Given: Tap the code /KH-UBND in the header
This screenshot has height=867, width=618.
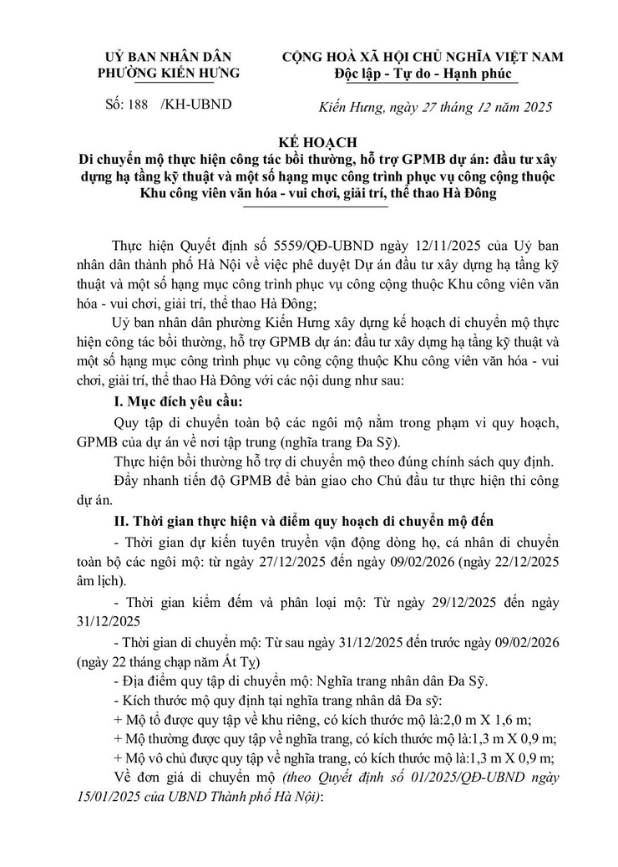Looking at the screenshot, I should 200,105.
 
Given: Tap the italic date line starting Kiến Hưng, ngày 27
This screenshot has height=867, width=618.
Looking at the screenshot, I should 435,107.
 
